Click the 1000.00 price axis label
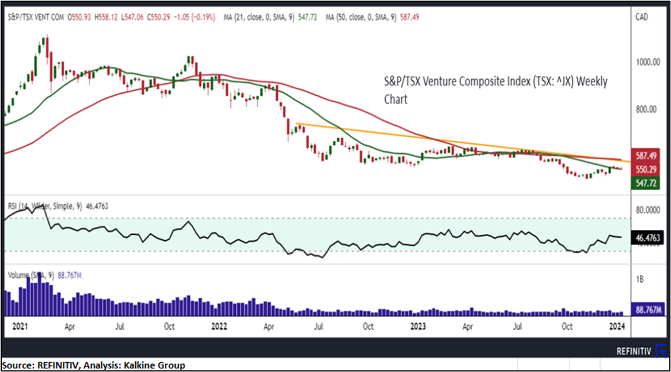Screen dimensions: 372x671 tap(647, 63)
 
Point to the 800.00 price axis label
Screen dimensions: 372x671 tap(646, 109)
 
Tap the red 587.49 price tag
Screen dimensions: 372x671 tap(645, 156)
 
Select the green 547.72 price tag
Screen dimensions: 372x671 tap(645, 183)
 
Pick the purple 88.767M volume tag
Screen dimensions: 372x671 tap(647, 311)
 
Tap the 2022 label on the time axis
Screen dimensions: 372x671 tap(222, 327)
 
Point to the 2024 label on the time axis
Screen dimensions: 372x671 tap(617, 327)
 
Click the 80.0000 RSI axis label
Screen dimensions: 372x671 tap(648, 209)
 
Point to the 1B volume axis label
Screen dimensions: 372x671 tap(640, 279)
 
